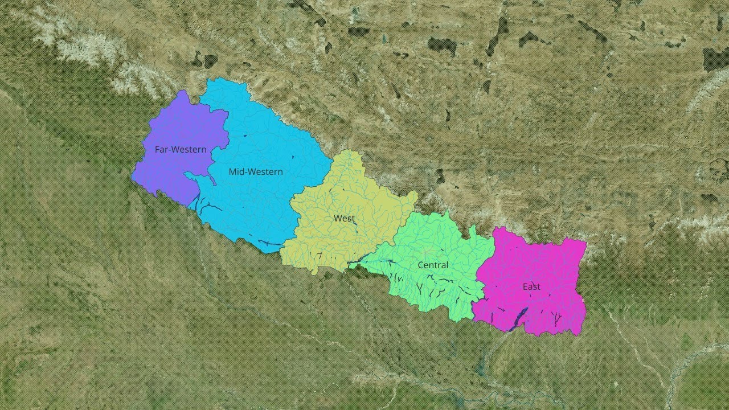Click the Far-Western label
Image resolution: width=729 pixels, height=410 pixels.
[x=181, y=150]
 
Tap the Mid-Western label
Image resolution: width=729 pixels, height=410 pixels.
[x=256, y=171]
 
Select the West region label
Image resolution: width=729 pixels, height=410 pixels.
[x=344, y=218]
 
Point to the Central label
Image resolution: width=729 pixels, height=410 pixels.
[x=433, y=265]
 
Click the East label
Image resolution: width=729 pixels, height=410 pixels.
[x=531, y=286]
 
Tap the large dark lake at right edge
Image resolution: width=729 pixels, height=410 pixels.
[x=715, y=58]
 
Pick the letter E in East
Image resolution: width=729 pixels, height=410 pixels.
[x=525, y=286]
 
